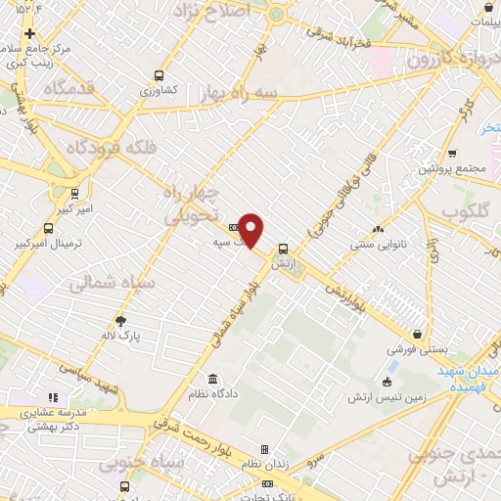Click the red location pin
251,230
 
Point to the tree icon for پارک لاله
120,321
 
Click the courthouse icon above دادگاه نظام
212,379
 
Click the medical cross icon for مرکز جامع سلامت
30,33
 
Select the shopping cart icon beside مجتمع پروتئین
452,153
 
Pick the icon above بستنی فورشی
419,333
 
